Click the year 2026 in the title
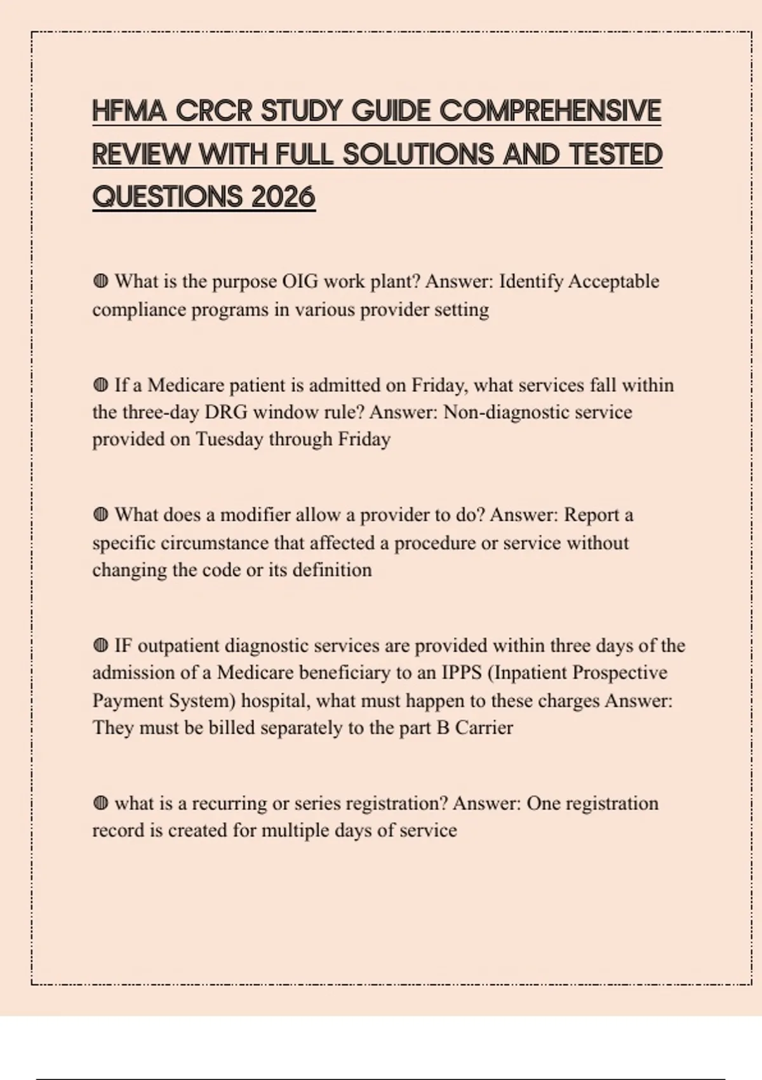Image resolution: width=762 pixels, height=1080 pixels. pyautogui.click(x=283, y=196)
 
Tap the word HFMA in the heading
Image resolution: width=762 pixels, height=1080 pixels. pyautogui.click(x=129, y=111)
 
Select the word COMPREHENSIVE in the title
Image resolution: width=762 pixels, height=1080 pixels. pyautogui.click(x=550, y=111)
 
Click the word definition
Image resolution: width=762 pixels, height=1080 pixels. pyautogui.click(x=332, y=569)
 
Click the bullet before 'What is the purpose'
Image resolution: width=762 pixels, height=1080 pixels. pyautogui.click(x=100, y=281)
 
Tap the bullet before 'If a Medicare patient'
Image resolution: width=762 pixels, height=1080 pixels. pyautogui.click(x=100, y=385)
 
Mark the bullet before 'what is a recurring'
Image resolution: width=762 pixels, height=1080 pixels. pyautogui.click(x=100, y=803)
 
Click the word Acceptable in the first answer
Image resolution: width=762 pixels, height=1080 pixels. pyautogui.click(x=613, y=281)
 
